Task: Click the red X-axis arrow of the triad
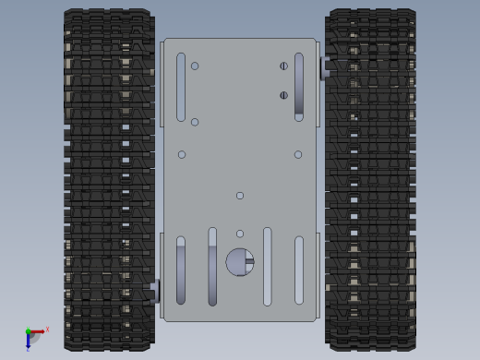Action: tap(38, 330)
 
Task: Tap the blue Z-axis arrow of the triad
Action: tap(28, 341)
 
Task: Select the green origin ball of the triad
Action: tap(28, 331)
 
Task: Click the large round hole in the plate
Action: tap(240, 262)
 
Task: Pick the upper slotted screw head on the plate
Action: tap(283, 66)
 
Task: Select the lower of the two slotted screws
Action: tap(283, 95)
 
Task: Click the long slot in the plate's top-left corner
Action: tap(181, 87)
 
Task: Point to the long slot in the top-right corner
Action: tap(298, 87)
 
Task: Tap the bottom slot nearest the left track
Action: tap(181, 270)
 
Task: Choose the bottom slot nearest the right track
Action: tap(298, 270)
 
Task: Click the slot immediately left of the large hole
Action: tap(212, 266)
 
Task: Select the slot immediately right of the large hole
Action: tap(267, 266)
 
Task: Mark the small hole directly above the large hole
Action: tap(240, 234)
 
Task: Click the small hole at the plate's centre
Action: tap(240, 196)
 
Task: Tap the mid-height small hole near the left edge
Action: tap(182, 154)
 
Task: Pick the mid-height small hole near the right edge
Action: tap(298, 154)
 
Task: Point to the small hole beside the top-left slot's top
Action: tap(195, 66)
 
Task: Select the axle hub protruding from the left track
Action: tap(155, 291)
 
